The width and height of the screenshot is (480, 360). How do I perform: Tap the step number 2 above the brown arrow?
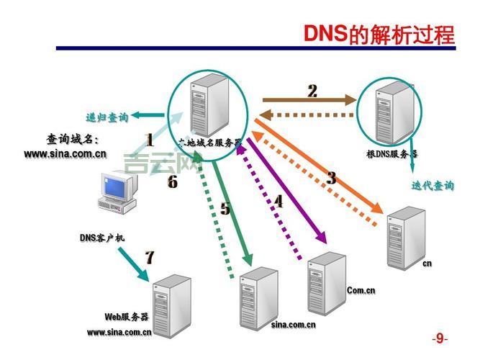click(x=312, y=91)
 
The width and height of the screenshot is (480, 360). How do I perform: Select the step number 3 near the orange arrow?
click(x=331, y=178)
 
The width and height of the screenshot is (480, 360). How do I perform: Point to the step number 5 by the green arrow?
click(x=225, y=209)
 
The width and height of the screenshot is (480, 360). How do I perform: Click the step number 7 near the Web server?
click(x=150, y=257)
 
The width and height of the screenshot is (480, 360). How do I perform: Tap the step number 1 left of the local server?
click(x=150, y=140)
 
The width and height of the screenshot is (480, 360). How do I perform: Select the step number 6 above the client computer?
click(x=172, y=182)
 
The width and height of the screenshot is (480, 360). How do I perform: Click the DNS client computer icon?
click(x=118, y=190)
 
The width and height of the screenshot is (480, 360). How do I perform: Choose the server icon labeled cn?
click(x=403, y=237)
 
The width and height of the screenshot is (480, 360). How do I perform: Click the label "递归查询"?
click(x=107, y=117)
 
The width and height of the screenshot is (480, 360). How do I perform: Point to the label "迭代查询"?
click(x=433, y=185)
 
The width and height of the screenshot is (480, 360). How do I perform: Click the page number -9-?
click(x=440, y=338)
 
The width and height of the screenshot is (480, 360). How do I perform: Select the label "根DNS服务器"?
click(x=392, y=153)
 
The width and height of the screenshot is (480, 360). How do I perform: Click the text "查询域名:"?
click(x=73, y=139)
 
